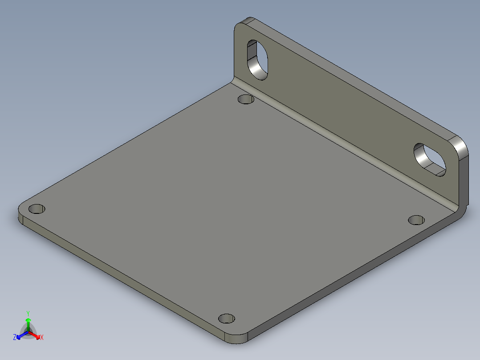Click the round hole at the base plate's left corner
point(37,209)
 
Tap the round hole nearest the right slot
point(416,220)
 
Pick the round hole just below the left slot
point(246,99)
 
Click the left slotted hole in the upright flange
point(258,60)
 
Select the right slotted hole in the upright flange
point(430,159)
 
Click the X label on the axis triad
point(42,338)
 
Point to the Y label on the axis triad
point(28,313)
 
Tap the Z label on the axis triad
point(15,338)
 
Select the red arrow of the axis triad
point(37,335)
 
